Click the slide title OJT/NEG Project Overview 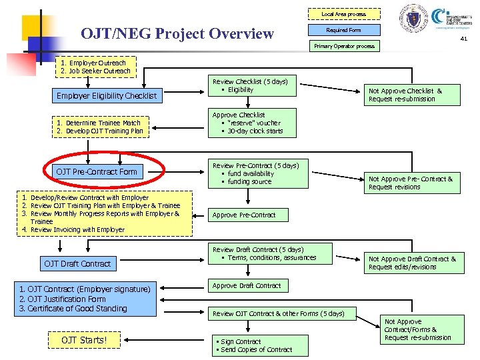click(x=177, y=33)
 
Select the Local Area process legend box click(x=343, y=14)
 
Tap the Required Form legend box click(x=343, y=30)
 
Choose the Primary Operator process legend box click(x=344, y=47)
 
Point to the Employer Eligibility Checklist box click(x=107, y=96)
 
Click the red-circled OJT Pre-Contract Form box click(x=97, y=172)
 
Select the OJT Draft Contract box click(x=77, y=264)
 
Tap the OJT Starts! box click(x=84, y=341)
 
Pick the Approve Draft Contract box click(x=247, y=286)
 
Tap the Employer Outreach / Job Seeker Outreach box click(x=95, y=67)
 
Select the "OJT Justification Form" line click(x=63, y=299)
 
